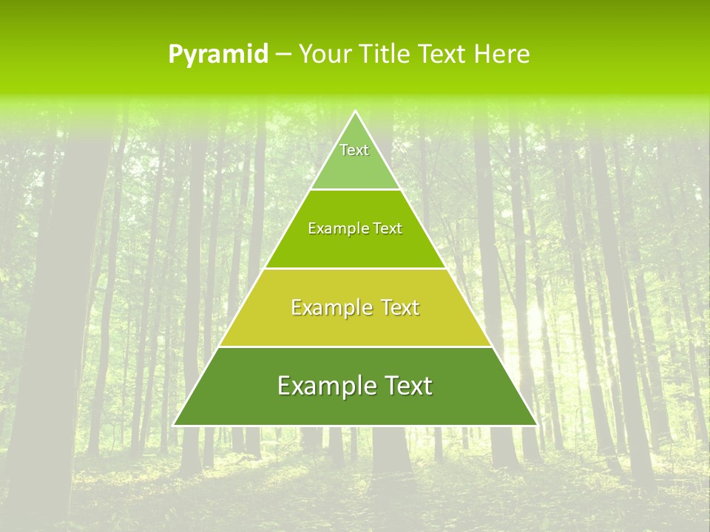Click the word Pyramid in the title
(218, 55)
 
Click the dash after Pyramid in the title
(283, 55)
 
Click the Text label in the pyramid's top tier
(354, 150)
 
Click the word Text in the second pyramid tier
(387, 229)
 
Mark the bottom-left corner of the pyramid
(174, 426)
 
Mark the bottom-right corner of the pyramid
(537, 426)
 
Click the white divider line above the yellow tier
(355, 268)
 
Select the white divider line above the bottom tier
(355, 347)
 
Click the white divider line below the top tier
(355, 190)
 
